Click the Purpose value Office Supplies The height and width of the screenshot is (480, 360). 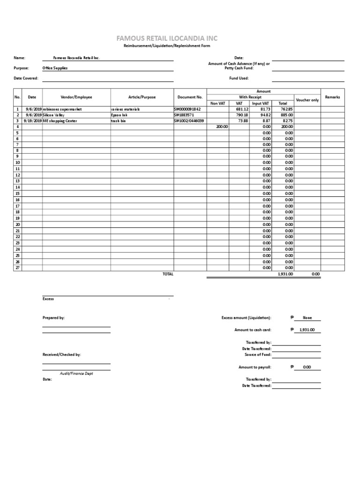tap(55, 68)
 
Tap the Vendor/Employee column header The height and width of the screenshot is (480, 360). tap(76, 97)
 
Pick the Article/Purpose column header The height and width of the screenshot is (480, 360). tap(142, 97)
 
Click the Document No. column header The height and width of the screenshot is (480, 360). tap(190, 97)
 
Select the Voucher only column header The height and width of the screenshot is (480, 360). tap(307, 100)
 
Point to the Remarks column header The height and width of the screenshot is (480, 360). tap(332, 97)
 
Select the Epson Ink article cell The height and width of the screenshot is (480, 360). tap(119, 115)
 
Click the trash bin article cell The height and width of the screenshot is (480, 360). tap(118, 121)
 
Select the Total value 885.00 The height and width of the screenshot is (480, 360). tap(286, 115)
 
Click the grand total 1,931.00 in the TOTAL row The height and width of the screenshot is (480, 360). tap(285, 274)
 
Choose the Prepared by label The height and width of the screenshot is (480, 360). tap(53, 318)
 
